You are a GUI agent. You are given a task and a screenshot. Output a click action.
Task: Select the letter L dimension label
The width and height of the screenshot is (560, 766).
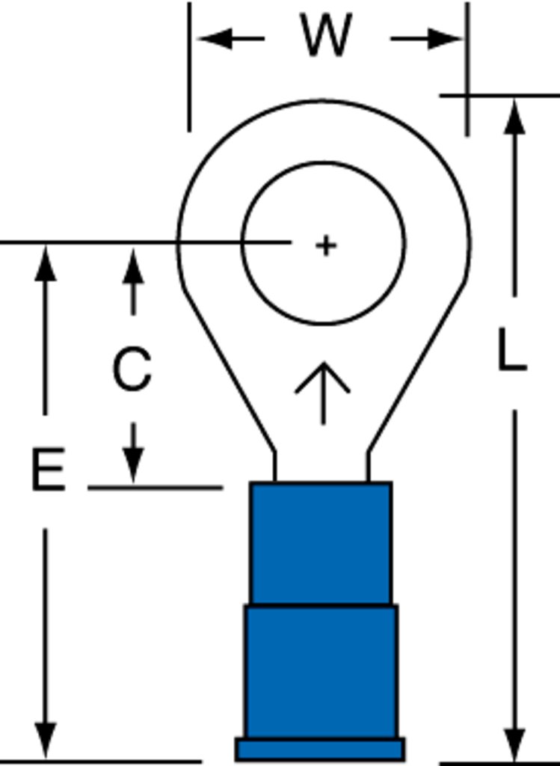click(511, 350)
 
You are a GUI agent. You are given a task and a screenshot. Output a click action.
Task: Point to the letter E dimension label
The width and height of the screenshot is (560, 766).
click(48, 469)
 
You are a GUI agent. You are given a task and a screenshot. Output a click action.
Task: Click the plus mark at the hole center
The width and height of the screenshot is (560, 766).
click(326, 245)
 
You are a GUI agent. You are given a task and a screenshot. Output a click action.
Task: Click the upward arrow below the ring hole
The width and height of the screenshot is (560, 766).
click(323, 393)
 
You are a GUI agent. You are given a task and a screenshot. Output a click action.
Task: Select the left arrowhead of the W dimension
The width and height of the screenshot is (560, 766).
click(215, 38)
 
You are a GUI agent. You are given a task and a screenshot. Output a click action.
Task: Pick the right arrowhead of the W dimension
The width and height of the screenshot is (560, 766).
click(445, 39)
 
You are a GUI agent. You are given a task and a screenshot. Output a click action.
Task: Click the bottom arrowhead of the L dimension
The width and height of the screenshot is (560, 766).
click(514, 744)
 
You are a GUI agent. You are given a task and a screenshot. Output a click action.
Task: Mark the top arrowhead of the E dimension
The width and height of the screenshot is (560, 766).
click(46, 263)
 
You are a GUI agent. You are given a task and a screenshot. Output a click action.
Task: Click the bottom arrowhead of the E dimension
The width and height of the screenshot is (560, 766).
click(46, 741)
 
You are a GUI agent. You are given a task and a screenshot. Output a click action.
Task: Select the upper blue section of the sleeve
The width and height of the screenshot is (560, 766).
click(321, 543)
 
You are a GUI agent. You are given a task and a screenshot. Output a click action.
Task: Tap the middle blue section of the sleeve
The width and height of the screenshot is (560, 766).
click(321, 672)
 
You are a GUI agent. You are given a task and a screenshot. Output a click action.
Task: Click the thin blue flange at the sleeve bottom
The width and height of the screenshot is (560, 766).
click(320, 750)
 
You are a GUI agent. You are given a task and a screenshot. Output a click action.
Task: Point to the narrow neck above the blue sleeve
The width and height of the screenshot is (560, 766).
click(321, 467)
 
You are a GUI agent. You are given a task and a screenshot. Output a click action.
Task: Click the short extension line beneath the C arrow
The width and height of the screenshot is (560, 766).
click(156, 488)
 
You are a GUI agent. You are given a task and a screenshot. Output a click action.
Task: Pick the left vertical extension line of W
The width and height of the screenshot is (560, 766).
click(189, 67)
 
